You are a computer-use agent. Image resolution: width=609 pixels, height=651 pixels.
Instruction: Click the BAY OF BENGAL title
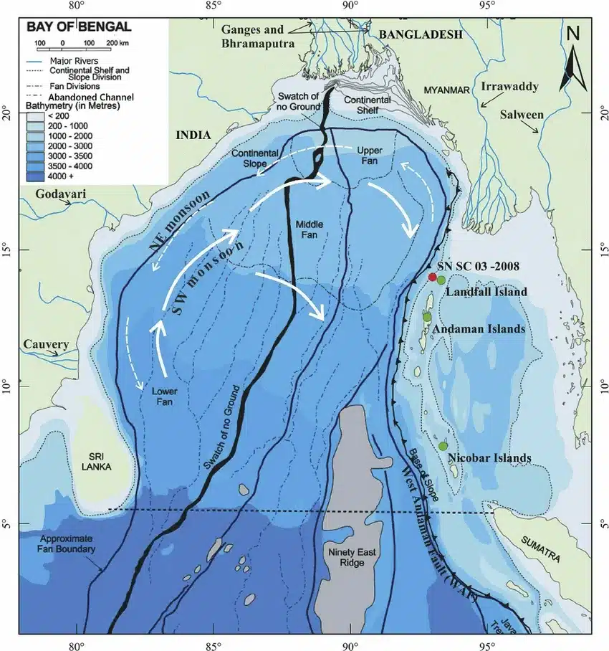tap(79, 27)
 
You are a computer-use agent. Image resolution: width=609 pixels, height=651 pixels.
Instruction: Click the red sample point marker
tap(432, 277)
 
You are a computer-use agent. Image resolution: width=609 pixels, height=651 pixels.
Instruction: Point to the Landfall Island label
tap(486, 292)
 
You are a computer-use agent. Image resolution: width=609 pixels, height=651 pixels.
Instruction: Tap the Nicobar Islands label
tap(489, 458)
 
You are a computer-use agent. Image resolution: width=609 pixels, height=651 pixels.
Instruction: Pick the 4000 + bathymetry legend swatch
tap(36, 174)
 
